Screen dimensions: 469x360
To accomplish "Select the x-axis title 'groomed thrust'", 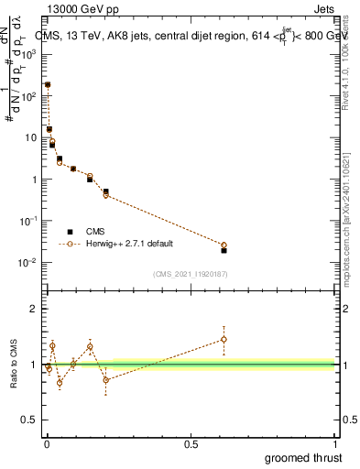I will (x=303, y=457).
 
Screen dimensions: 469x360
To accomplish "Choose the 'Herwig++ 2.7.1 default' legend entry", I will (x=128, y=244).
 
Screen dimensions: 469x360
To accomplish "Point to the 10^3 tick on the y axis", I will (x=31, y=54).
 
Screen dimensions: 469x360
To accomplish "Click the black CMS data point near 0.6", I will (x=224, y=250).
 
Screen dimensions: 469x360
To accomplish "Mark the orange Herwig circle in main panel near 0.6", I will (x=224, y=245).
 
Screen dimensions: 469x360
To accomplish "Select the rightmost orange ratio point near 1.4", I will (x=224, y=339).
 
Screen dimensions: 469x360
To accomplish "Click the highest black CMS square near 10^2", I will (x=48, y=84).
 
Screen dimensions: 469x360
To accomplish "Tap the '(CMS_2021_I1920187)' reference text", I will (x=191, y=273).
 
